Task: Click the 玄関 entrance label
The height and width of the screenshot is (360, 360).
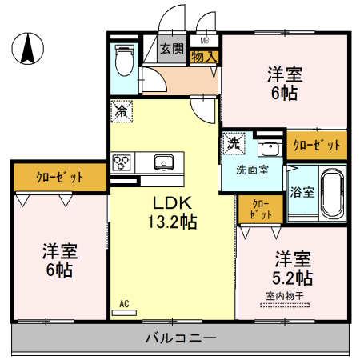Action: pyautogui.click(x=172, y=49)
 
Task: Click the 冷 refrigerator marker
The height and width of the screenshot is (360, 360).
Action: pyautogui.click(x=120, y=110)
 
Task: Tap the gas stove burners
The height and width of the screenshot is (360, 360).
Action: pyautogui.click(x=122, y=163)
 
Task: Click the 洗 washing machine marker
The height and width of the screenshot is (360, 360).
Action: pyautogui.click(x=233, y=142)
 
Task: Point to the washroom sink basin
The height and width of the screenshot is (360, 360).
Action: pyautogui.click(x=270, y=147)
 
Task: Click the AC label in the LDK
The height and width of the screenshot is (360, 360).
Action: pyautogui.click(x=124, y=302)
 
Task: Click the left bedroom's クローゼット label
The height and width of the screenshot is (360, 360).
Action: pyautogui.click(x=59, y=177)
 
